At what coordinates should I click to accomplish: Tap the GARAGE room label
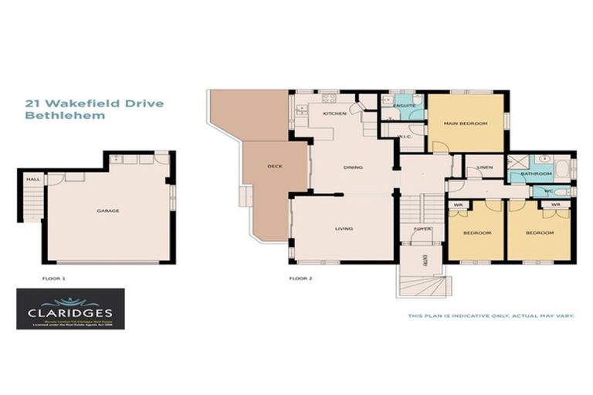[107, 210]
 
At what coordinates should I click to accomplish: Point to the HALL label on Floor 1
[33, 179]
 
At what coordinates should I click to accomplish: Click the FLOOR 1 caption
[53, 275]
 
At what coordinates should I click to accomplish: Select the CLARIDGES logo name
[70, 313]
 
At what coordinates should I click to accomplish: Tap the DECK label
[274, 166]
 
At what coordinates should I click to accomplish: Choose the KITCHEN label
[334, 113]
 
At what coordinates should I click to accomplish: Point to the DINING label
[354, 167]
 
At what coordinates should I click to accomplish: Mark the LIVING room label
[344, 228]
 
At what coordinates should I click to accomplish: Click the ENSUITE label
[404, 105]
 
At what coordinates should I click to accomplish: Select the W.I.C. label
[404, 137]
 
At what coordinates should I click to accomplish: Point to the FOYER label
[422, 228]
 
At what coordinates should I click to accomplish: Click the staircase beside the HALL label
[32, 202]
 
